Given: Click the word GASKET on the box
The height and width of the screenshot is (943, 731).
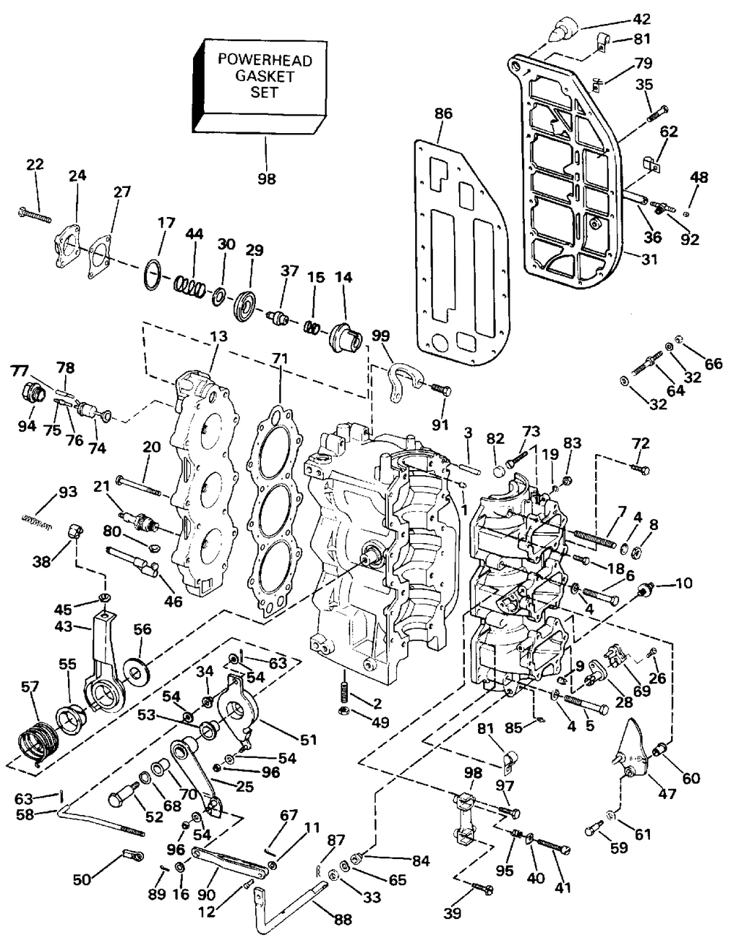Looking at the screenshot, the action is click(x=264, y=76).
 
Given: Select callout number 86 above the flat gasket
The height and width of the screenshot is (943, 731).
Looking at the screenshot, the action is click(x=443, y=114).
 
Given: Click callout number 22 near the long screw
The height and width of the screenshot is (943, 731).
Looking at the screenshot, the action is click(x=35, y=164).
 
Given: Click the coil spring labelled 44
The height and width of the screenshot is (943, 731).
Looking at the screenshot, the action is click(x=189, y=287).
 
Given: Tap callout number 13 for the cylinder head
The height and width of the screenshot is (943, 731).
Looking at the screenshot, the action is click(x=219, y=337).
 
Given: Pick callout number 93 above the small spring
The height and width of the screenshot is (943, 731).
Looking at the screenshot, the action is click(x=66, y=492).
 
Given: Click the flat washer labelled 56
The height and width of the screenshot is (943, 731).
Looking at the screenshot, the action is click(x=138, y=671).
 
